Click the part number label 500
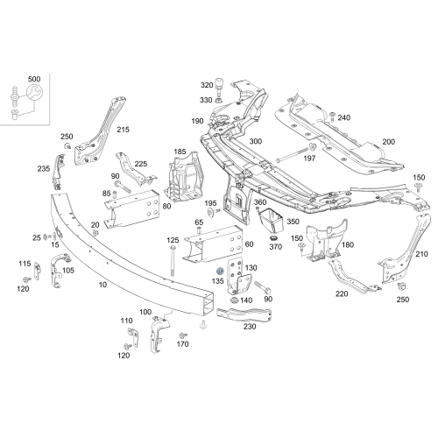pos(34,79)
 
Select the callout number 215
pos(123,130)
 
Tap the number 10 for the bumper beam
pos(102,285)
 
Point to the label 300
pos(256,141)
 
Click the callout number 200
pos(388,141)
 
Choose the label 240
pos(344,117)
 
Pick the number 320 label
pos(207,85)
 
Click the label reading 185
pos(180,152)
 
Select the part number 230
pos(250,327)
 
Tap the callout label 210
pos(421,254)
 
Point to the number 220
pos(342,293)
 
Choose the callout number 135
pos(218,282)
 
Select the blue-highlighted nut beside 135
pos(219,272)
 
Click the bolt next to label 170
pos(182,336)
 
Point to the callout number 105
pos(68,271)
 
